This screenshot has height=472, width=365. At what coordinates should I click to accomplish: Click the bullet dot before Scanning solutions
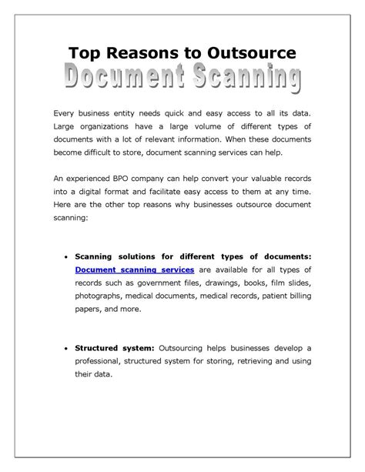(x=68, y=256)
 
